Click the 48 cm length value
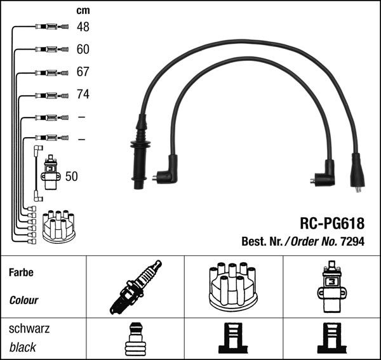(x=83, y=27)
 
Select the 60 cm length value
(x=83, y=50)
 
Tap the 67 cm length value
(x=83, y=72)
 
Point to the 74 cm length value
(x=83, y=95)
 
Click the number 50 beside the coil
(x=72, y=177)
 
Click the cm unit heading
(x=83, y=10)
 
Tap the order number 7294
(x=352, y=242)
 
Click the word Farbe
(x=21, y=273)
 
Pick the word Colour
(x=23, y=300)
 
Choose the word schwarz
(x=29, y=330)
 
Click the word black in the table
(x=23, y=347)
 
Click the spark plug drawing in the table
(x=135, y=286)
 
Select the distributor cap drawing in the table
(x=232, y=286)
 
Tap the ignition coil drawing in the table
(x=331, y=286)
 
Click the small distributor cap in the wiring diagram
(x=58, y=225)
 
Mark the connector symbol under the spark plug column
(x=135, y=339)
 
